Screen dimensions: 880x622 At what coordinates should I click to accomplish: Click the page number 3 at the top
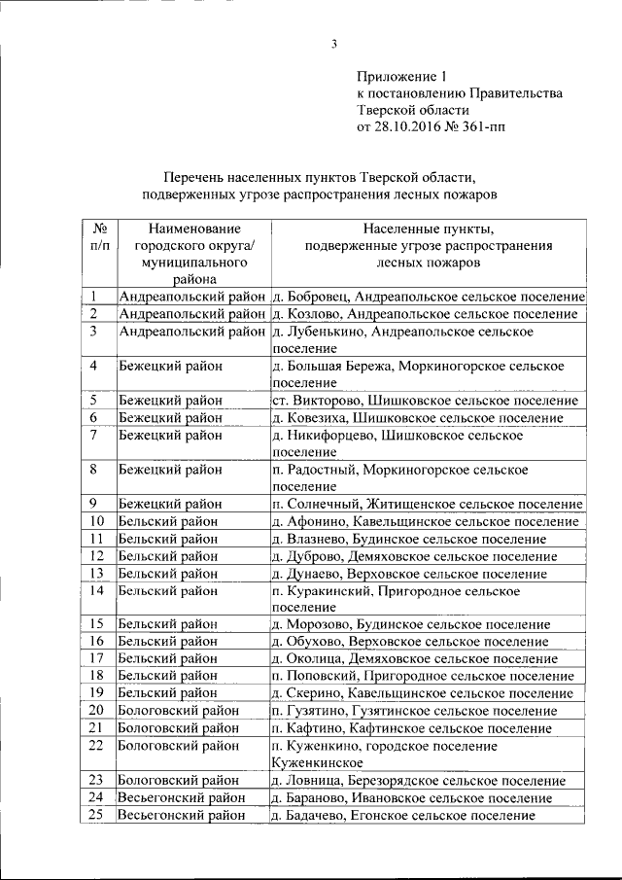[x=333, y=43]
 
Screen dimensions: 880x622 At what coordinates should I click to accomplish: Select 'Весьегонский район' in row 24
[x=181, y=797]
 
